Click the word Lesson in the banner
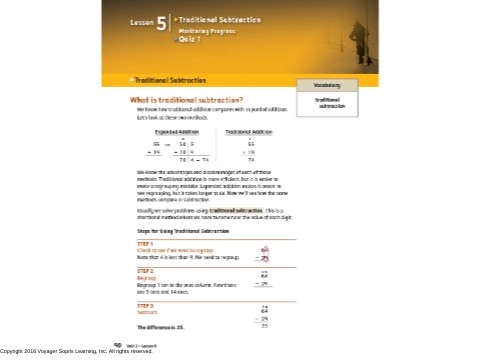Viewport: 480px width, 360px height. (142, 21)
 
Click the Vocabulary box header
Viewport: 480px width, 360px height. (326, 86)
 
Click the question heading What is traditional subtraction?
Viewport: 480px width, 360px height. (186, 100)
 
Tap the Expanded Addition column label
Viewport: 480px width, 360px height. (176, 132)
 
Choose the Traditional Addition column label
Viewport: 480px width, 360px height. (249, 132)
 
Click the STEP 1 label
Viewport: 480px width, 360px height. (145, 244)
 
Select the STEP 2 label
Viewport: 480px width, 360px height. (145, 271)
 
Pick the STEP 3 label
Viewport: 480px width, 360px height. (145, 305)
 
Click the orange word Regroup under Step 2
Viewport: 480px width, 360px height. (146, 278)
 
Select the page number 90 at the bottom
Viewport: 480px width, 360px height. (118, 343)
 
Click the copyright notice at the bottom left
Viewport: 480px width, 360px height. (76, 351)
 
